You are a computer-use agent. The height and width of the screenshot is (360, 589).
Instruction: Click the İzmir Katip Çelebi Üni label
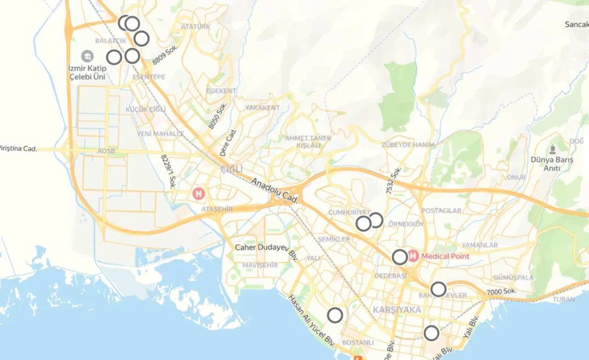[x=87, y=73]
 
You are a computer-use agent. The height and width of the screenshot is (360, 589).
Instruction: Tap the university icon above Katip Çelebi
[x=87, y=57]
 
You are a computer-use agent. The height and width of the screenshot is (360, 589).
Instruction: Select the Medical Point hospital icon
[x=413, y=256]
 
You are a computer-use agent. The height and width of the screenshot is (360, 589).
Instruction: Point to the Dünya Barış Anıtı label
[x=552, y=164]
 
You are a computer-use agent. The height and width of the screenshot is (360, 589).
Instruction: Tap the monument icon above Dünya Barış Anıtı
[x=552, y=149]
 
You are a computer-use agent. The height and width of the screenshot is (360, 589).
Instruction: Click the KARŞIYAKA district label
[x=397, y=309]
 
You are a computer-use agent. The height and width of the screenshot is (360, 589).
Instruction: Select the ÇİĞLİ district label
[x=231, y=169]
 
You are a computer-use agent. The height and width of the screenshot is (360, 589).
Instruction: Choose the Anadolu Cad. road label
[x=275, y=192]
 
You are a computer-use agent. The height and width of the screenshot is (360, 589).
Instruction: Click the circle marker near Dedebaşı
[x=400, y=257]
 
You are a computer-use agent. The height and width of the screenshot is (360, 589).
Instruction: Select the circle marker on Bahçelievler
[x=439, y=289]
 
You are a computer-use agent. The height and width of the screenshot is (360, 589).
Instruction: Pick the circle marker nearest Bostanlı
[x=335, y=315]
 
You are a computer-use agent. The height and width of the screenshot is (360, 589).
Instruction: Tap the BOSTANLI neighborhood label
[x=358, y=343]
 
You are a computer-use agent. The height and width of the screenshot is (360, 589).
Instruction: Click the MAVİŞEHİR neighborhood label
[x=260, y=266]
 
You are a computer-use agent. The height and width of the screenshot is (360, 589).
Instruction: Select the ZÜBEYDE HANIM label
[x=408, y=145]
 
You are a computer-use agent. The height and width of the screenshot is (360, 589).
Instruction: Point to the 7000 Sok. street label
[x=502, y=291]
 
